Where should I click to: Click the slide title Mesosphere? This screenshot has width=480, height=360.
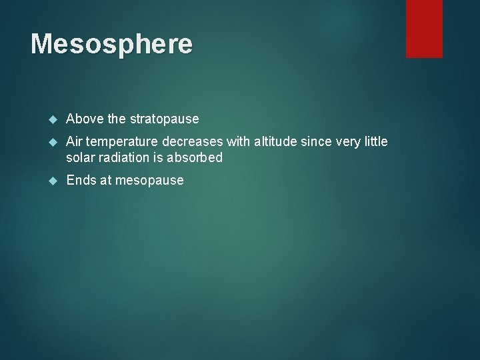click(111, 44)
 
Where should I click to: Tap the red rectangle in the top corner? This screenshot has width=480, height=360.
click(424, 28)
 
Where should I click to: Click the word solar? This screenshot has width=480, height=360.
click(80, 158)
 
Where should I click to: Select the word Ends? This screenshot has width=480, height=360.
click(81, 181)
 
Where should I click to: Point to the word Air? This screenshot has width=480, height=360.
click(75, 142)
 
